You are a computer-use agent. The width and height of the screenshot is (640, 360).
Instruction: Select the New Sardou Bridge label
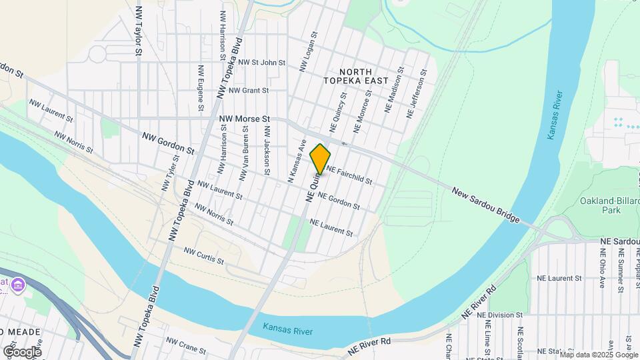(485, 205)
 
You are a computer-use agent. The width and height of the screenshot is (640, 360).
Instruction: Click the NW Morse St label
(244, 119)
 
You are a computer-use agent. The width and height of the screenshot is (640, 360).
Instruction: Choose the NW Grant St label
(248, 91)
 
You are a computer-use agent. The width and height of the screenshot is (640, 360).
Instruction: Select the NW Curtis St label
(204, 255)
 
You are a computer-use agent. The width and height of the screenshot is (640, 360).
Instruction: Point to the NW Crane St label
(186, 345)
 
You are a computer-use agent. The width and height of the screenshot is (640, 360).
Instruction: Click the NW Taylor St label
(139, 31)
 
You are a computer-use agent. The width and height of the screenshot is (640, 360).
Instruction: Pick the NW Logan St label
(309, 51)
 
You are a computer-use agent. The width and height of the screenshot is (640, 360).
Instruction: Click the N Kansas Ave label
(295, 161)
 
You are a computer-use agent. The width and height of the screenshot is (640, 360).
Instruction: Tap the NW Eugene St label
(200, 87)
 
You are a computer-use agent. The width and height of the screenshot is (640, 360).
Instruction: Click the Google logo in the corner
(22, 351)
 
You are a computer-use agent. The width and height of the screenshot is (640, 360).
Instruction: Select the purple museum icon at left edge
(18, 286)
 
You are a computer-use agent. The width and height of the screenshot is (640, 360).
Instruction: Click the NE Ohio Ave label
(601, 268)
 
